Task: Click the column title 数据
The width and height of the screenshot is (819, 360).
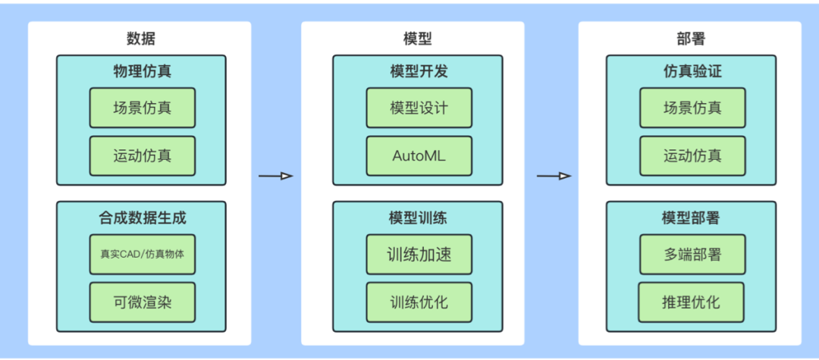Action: [x=140, y=39]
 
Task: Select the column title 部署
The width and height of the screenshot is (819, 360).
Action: [x=691, y=39]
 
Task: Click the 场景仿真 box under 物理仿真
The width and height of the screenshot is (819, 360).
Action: [x=143, y=108]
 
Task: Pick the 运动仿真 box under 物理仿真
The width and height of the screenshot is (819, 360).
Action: [x=143, y=156]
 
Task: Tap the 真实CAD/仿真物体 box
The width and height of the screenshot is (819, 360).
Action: [x=143, y=255]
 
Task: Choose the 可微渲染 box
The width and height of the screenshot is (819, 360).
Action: [x=143, y=302]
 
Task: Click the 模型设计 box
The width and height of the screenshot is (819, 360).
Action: [x=419, y=108]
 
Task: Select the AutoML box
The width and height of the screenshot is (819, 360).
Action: [x=419, y=156]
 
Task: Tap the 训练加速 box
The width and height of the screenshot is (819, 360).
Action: [x=419, y=255]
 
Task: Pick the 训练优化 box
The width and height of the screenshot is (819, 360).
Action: [x=419, y=302]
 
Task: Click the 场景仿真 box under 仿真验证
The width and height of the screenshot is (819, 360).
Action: [x=692, y=108]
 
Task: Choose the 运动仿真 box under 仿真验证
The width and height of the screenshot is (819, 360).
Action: [x=692, y=156]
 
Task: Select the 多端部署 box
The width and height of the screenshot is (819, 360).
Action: [x=692, y=255]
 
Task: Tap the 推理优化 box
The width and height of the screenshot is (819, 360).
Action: [x=692, y=302]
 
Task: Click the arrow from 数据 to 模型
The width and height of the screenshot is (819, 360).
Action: [x=275, y=177]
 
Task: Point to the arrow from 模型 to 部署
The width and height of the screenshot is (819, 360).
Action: [x=554, y=177]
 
